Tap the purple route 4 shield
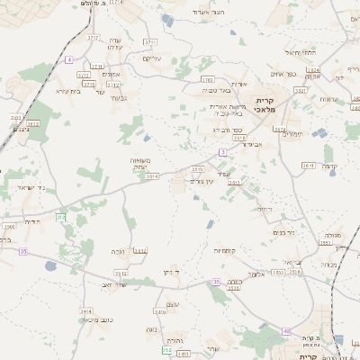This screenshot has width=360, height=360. (x=68, y=58)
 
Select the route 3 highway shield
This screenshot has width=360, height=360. (x=221, y=151)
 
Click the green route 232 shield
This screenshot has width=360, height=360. (x=60, y=218)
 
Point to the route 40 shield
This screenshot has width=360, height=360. (x=286, y=331)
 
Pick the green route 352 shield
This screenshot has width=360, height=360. (x=167, y=349)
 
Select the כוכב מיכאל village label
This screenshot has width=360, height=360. (x=84, y=319)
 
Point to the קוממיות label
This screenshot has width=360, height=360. (x=224, y=250)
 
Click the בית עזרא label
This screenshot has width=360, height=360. (x=69, y=90)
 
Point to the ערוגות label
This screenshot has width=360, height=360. (x=328, y=99)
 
